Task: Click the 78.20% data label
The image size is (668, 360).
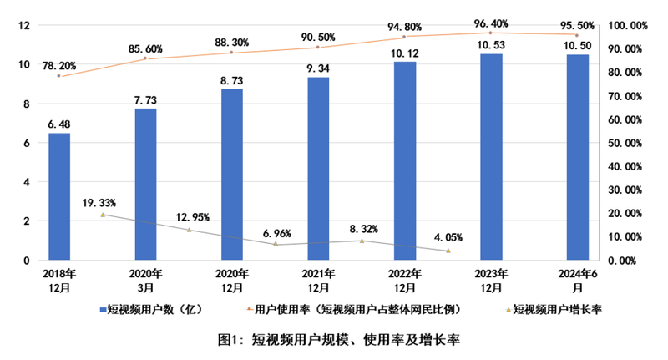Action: (x=58, y=62)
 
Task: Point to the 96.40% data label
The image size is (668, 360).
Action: (x=491, y=23)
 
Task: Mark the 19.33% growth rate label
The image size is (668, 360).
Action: (x=99, y=203)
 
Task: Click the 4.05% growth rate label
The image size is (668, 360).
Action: (x=448, y=237)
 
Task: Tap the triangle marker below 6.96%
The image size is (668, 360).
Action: (x=276, y=244)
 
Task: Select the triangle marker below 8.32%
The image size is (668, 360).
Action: (x=362, y=241)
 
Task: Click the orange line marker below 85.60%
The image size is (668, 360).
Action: (x=145, y=58)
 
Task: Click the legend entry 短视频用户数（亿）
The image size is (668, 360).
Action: (x=152, y=309)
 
